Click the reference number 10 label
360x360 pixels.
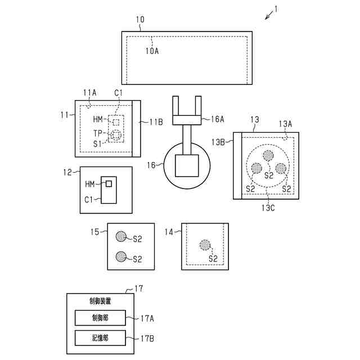pos(140,20)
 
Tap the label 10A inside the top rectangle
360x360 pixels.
pos(152,51)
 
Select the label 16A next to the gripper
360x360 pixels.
pos(217,119)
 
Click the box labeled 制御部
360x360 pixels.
pos(100,318)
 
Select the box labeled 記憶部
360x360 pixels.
pos(100,339)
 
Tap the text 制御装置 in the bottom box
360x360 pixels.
pos(100,301)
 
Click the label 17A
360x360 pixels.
pos(147,318)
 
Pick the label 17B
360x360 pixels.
pos(147,339)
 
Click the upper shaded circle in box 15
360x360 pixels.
pos(120,236)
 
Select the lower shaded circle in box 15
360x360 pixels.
pos(120,256)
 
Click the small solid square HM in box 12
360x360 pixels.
pos(109,184)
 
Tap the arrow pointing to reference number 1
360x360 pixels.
pos(271,16)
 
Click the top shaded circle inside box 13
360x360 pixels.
pos(268,155)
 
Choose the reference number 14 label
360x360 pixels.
pos(169,232)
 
